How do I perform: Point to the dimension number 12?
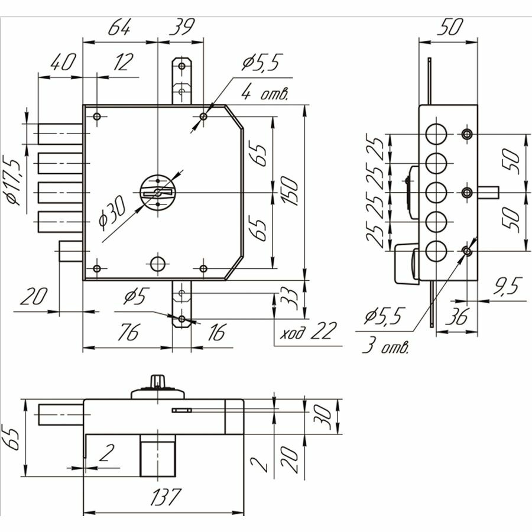[122, 62]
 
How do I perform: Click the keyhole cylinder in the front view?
[157, 192]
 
